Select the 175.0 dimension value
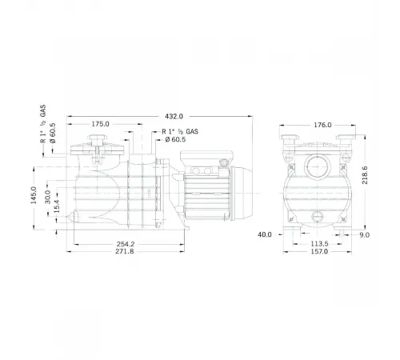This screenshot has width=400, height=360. pos(100,125)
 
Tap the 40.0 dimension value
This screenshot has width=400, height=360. pos(266,234)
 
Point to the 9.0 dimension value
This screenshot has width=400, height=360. pos(366,234)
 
